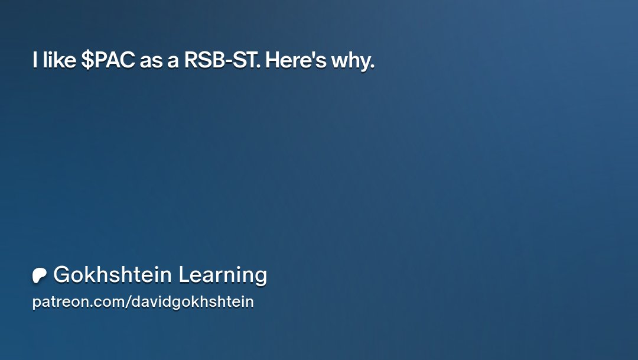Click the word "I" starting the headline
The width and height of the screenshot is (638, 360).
pos(35,60)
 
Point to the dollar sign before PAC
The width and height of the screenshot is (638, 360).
pos(86,60)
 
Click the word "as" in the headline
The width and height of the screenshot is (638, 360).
pos(151,61)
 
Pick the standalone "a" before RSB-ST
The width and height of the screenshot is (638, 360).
pos(173,61)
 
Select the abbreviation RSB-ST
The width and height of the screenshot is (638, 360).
pos(221,60)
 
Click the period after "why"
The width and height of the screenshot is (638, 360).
pos(372,66)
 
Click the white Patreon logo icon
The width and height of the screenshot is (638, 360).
pos(40,275)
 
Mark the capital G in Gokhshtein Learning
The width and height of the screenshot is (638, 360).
pos(60,275)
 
